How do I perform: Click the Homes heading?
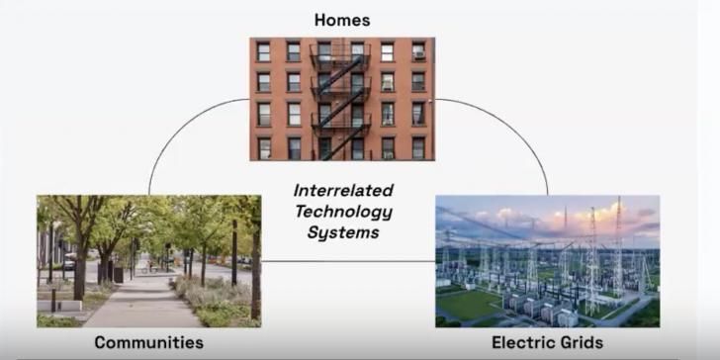click(341, 19)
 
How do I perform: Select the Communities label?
click(148, 342)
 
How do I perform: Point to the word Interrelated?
click(343, 190)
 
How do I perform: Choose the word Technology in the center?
click(343, 212)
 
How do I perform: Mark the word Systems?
click(343, 234)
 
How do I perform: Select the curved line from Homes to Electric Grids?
click(514, 129)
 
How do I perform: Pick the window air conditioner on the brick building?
click(418, 53)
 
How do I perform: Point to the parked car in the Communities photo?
click(68, 264)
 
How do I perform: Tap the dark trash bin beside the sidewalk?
click(118, 274)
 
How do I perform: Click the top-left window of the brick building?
click(263, 51)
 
